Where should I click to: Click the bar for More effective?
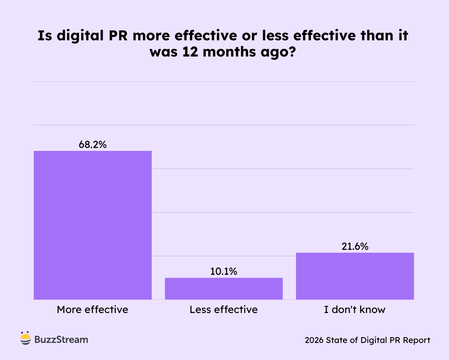(x=93, y=225)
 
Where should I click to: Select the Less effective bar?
(x=224, y=288)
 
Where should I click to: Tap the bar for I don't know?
(x=355, y=276)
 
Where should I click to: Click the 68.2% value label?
(x=93, y=145)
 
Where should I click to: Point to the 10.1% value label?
(x=224, y=271)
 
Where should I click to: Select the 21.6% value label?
(x=355, y=246)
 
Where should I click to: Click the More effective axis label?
(x=93, y=310)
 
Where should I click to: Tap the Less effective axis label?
(x=224, y=310)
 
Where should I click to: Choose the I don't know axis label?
(x=355, y=310)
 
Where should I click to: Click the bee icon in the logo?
(x=26, y=339)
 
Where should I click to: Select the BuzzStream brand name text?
(x=61, y=339)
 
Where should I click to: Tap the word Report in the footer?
(x=417, y=340)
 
